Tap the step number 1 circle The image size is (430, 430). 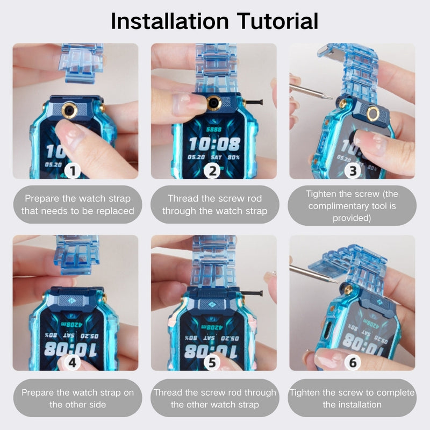point(74,171)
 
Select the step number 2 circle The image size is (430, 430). point(213,171)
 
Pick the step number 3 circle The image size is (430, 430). point(353,171)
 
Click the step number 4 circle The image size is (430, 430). point(74,363)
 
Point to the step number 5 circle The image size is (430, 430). point(213,363)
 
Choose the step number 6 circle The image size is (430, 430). point(353,363)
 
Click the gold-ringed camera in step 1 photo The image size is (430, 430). point(69,110)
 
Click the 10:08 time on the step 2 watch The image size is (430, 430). point(214,144)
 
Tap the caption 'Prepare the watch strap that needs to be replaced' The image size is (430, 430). point(77,205)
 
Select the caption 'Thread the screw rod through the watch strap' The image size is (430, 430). point(214,205)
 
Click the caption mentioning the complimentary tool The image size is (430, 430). point(352,205)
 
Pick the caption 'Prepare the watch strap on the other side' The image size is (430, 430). point(77,398)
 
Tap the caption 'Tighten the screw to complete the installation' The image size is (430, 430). point(352,398)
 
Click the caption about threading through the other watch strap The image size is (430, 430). point(214,398)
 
